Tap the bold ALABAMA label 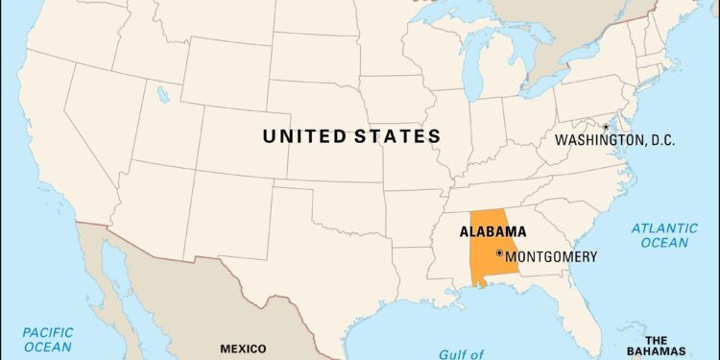tap(493, 231)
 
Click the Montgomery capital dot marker tap(499, 253)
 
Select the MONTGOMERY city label tap(551, 257)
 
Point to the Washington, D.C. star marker tap(606, 127)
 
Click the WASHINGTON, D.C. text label tap(614, 141)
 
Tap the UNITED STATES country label tap(352, 136)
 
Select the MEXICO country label tap(243, 348)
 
